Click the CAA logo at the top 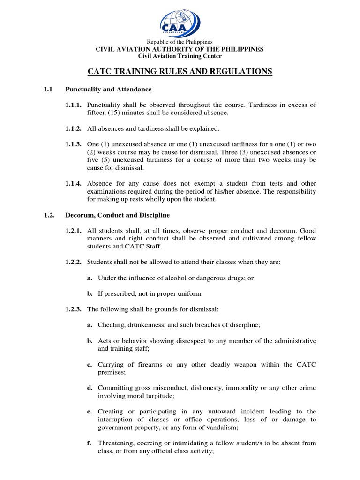[180, 21]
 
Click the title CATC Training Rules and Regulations [180, 71]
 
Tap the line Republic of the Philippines [180, 42]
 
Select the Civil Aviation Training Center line [180, 56]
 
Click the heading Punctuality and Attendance [108, 89]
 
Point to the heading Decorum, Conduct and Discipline [117, 215]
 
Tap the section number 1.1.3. [73, 144]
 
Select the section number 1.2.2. [73, 262]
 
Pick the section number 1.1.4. [73, 183]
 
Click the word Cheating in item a [111, 324]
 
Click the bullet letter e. [89, 411]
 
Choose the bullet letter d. [89, 388]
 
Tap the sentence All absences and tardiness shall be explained [153, 128]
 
